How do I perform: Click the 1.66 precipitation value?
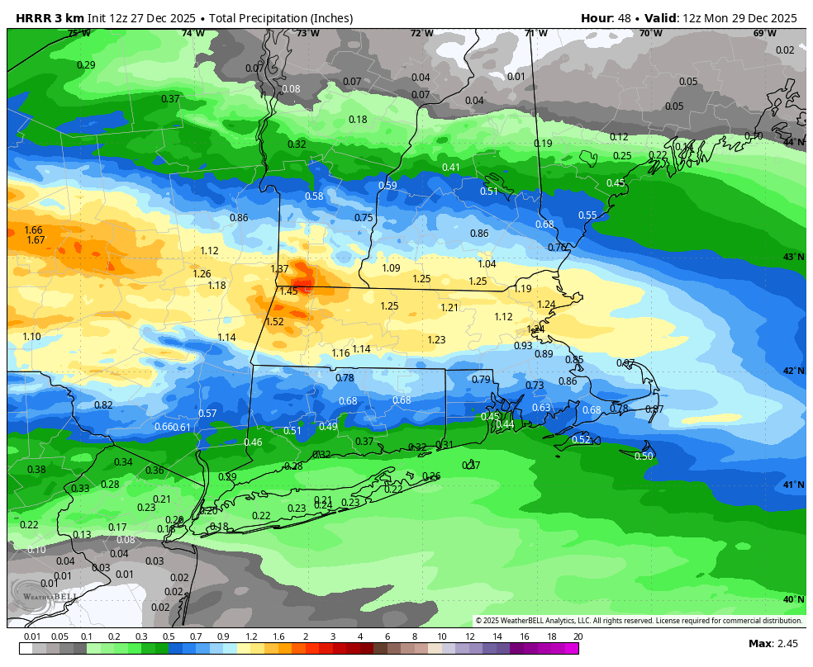tap(33, 230)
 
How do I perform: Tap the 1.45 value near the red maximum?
tap(288, 291)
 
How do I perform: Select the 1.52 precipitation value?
tap(275, 322)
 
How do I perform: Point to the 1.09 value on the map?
tap(391, 268)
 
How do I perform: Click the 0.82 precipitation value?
tap(103, 405)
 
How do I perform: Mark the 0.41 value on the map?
tap(451, 168)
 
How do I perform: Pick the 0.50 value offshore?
tap(644, 456)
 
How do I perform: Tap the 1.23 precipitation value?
tap(436, 340)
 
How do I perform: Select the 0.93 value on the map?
tap(523, 346)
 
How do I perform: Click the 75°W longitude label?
tap(78, 33)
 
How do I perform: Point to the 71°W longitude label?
tap(536, 33)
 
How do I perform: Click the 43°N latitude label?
tap(794, 257)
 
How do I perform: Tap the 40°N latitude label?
tap(794, 599)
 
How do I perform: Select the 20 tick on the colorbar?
tap(578, 636)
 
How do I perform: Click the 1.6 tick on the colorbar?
tap(278, 636)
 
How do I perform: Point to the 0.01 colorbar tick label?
tap(32, 636)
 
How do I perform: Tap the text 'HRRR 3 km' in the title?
tap(42, 18)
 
